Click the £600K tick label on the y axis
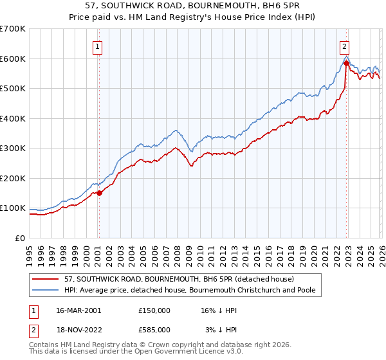tap(13, 59)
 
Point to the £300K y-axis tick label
tap(13, 148)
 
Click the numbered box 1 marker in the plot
tap(98, 46)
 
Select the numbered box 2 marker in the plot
tap(345, 46)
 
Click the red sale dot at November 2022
tap(346, 63)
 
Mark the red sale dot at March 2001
tap(99, 193)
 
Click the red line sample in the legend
tap(46, 279)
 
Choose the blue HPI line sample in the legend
tap(46, 291)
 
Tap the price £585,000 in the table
tap(154, 329)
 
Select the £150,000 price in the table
tap(154, 310)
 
